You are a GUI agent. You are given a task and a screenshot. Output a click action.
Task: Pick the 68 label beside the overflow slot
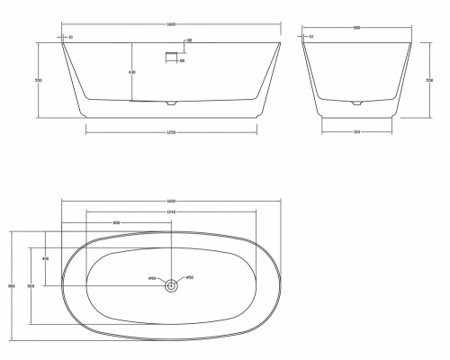tap(189, 41)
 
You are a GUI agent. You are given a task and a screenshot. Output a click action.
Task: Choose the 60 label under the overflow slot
tap(182, 61)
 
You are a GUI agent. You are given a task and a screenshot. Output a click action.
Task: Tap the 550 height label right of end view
tap(429, 79)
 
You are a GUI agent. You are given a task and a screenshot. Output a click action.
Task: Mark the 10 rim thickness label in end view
tap(310, 37)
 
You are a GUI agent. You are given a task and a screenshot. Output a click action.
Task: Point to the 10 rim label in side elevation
tap(71, 37)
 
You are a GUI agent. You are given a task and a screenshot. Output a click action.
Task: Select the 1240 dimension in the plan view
tap(171, 211)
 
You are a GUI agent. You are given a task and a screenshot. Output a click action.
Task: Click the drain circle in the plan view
tap(171, 286)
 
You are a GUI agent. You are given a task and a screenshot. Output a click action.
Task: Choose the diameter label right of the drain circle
tap(190, 277)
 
